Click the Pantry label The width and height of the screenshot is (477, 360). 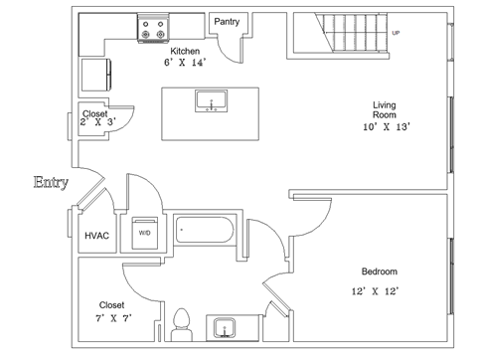click(227, 22)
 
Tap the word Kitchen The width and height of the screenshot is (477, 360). click(185, 51)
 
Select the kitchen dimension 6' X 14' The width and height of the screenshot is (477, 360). click(185, 63)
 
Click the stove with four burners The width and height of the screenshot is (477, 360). click(153, 29)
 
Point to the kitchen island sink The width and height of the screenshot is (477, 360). click(212, 100)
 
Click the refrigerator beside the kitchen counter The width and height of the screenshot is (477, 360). click(96, 75)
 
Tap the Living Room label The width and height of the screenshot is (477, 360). click(385, 110)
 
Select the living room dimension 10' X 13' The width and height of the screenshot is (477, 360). click(387, 127)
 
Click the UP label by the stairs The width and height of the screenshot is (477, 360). click(396, 33)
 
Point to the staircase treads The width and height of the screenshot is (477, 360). click(355, 33)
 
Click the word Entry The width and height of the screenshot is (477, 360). click(51, 182)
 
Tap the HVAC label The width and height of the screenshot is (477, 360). click(96, 236)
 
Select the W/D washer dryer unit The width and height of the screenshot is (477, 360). click(145, 233)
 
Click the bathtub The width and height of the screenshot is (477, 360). click(205, 230)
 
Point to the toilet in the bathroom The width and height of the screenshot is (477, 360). click(182, 325)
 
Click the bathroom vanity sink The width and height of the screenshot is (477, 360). click(225, 328)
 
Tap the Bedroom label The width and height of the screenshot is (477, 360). click(380, 271)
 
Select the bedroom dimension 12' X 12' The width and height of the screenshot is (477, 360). click(375, 291)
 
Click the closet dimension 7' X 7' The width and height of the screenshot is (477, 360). click(113, 318)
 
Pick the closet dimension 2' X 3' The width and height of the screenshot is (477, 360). click(98, 122)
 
